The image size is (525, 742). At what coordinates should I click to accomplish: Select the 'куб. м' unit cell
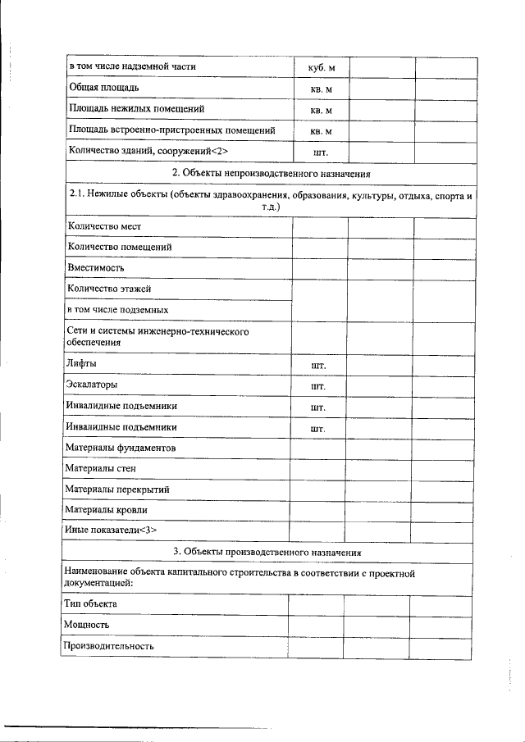point(322,66)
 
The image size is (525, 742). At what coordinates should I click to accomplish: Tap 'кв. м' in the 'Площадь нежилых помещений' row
point(322,110)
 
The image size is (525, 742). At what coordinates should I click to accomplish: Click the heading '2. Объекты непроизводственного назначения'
point(272,173)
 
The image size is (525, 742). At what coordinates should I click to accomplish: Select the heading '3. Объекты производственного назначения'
point(272,552)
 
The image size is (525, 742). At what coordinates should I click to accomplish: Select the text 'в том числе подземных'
point(117,311)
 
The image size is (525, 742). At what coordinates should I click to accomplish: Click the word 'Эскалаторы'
point(92,385)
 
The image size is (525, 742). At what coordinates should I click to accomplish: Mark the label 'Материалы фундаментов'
point(121,448)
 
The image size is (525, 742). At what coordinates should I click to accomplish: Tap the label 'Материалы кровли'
point(107,510)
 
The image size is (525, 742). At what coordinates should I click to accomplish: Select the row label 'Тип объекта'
point(90,603)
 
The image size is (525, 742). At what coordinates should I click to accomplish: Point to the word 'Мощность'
point(87,625)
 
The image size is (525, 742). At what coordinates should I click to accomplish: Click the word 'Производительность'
point(109,646)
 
